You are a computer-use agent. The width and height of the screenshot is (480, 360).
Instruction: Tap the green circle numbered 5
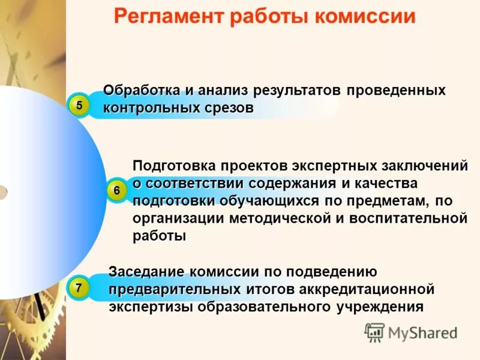79,106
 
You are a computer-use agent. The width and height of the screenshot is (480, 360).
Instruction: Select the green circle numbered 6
116,190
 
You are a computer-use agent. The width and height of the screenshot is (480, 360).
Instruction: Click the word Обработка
141,91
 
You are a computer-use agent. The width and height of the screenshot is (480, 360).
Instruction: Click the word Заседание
146,272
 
